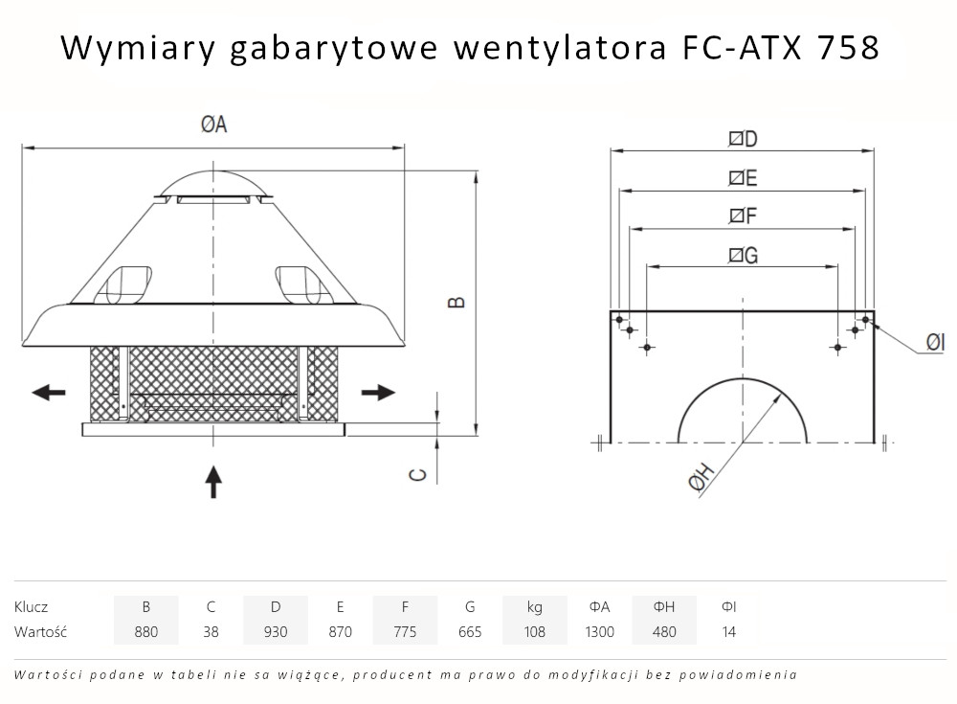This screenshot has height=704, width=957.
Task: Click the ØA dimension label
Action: [x=213, y=125]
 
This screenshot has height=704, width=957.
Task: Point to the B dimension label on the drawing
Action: [x=458, y=301]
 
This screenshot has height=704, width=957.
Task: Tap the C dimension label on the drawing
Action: [x=418, y=473]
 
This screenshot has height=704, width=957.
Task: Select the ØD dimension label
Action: [x=743, y=139]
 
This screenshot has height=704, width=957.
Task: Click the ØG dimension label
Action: [x=743, y=255]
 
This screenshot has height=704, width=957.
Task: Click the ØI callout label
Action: [x=935, y=342]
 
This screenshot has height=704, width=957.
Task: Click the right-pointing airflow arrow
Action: [x=379, y=392]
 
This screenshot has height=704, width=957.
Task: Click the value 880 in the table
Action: [x=145, y=632]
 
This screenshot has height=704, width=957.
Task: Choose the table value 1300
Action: [x=599, y=632]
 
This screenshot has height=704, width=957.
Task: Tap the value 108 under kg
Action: [x=534, y=632]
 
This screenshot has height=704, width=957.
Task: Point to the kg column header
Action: [x=534, y=606]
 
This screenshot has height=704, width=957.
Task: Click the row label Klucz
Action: [x=31, y=606]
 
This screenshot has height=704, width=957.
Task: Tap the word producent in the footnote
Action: [x=394, y=674]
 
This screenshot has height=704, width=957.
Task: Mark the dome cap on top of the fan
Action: [x=212, y=181]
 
